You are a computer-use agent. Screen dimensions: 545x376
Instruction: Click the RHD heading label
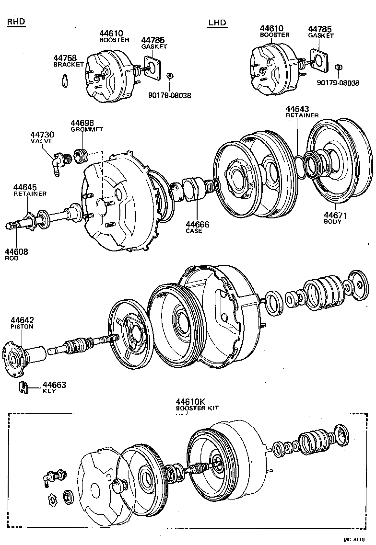click(16, 22)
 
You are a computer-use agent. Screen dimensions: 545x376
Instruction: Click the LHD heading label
click(217, 23)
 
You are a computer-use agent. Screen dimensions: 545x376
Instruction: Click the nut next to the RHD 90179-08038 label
click(169, 76)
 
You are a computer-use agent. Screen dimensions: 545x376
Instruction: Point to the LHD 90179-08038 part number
click(338, 83)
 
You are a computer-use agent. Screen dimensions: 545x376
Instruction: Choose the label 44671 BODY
click(335, 216)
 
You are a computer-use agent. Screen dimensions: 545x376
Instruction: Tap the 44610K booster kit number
click(190, 401)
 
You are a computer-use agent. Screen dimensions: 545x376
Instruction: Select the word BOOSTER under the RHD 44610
click(114, 40)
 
